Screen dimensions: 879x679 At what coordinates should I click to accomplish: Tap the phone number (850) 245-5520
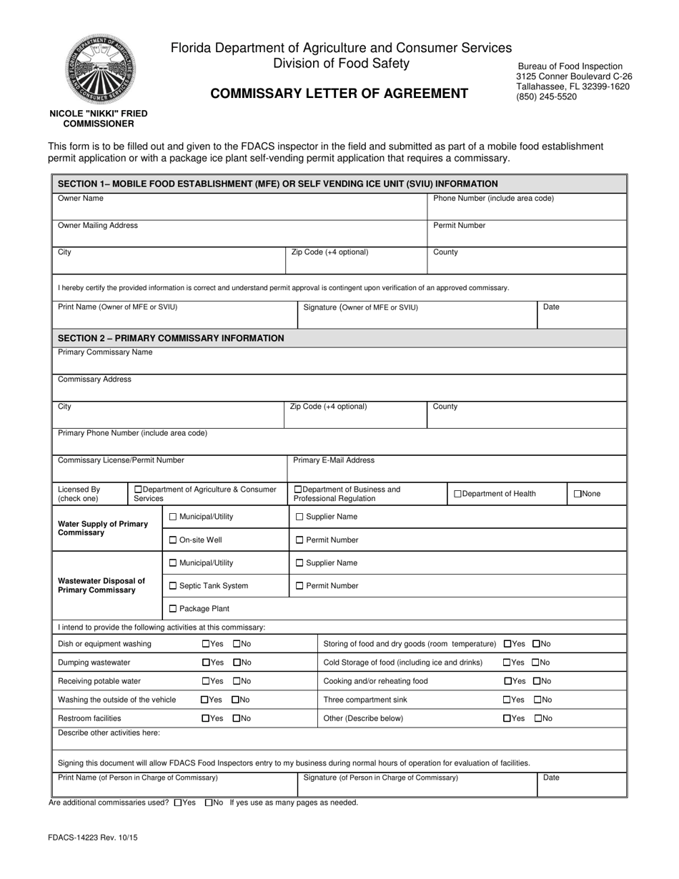coord(546,96)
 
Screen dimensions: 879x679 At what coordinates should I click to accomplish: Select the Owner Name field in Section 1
coord(239,209)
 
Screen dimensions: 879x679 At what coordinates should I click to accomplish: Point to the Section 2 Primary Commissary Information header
coord(171,338)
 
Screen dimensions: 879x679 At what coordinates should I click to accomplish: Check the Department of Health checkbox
coord(458,494)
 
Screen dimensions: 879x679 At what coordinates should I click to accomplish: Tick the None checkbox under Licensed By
coord(578,494)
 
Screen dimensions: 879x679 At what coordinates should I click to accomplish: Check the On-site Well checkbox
coord(172,540)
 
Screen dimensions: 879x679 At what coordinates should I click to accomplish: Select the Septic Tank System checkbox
coord(172,586)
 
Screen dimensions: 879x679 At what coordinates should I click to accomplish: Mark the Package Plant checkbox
coord(172,609)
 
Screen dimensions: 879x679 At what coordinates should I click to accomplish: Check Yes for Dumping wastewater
coord(206,662)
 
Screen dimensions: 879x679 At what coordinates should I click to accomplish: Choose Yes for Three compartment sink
coord(507,700)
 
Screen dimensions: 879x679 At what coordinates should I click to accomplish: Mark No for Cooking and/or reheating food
coord(537,681)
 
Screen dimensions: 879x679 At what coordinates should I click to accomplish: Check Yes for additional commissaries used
coord(178,803)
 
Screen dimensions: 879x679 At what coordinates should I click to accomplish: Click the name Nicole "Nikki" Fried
coord(99,114)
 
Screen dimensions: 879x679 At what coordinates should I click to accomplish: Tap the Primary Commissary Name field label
coord(105,352)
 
